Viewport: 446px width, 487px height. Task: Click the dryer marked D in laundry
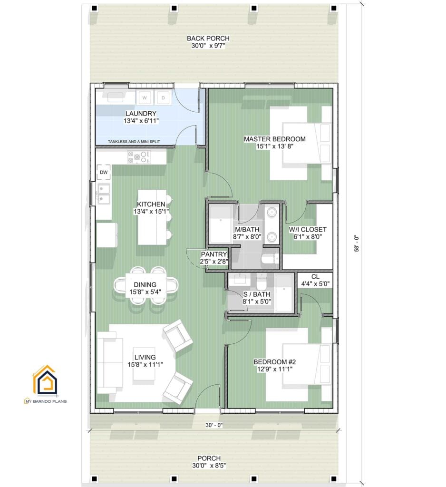pyautogui.click(x=163, y=98)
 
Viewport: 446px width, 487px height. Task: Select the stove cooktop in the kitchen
pyautogui.click(x=138, y=157)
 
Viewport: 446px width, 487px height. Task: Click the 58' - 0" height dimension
pyautogui.click(x=357, y=244)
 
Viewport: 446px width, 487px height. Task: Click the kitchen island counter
pyautogui.click(x=152, y=217)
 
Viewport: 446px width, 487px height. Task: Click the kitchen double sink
pyautogui.click(x=104, y=193)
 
